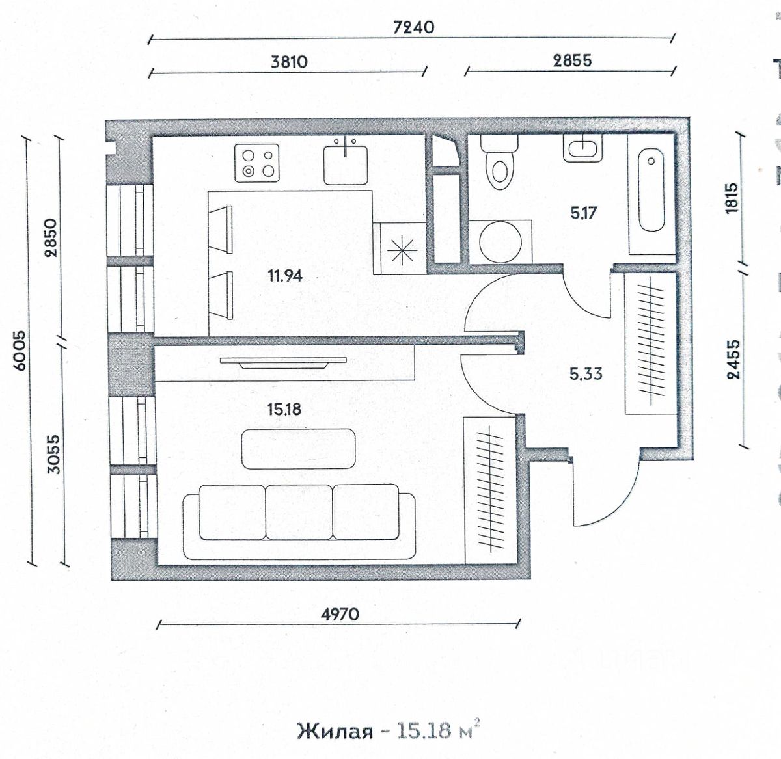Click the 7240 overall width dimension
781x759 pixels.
pyautogui.click(x=414, y=27)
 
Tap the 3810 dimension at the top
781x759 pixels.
pyautogui.click(x=289, y=62)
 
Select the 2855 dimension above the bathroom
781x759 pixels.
pyautogui.click(x=572, y=60)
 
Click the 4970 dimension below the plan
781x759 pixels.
pyautogui.click(x=340, y=613)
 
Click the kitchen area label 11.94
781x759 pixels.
pyautogui.click(x=285, y=276)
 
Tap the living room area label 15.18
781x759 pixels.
pyautogui.click(x=284, y=409)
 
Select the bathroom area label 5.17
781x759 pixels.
pyautogui.click(x=583, y=213)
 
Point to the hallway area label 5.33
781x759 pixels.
pyautogui.click(x=586, y=374)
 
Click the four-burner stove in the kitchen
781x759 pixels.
pyautogui.click(x=256, y=163)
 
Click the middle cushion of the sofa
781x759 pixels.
pyautogui.click(x=299, y=512)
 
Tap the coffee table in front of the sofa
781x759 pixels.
pyautogui.click(x=298, y=449)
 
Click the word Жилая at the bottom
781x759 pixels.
pyautogui.click(x=335, y=730)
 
